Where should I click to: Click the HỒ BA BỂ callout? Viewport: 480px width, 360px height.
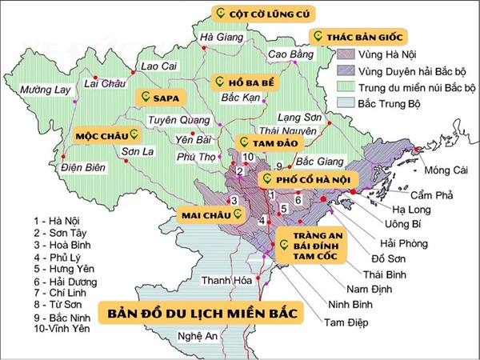click(238, 82)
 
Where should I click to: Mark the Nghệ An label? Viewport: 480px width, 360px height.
click(198, 335)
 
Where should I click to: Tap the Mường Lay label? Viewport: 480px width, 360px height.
click(47, 90)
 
